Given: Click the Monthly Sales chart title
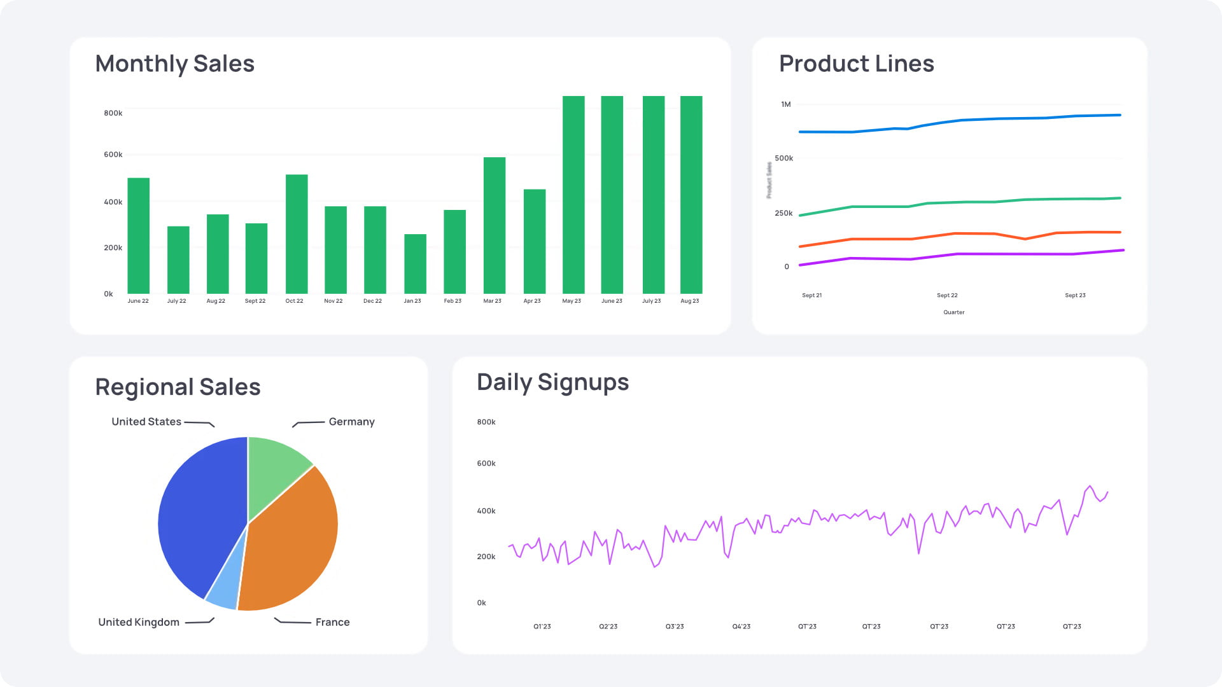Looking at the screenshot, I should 174,64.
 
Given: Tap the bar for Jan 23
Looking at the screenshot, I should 415,264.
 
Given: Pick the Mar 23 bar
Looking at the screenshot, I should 495,226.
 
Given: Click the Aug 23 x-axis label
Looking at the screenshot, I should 689,301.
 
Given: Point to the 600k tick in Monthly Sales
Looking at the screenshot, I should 113,155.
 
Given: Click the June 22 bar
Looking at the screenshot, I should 138,236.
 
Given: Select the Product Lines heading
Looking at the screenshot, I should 856,64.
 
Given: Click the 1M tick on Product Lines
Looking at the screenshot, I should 786,104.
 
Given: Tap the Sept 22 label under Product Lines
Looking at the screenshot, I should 947,295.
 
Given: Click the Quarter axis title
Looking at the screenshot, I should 953,312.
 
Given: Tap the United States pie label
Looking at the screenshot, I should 146,422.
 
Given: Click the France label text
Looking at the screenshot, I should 332,622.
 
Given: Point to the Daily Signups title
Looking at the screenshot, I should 552,382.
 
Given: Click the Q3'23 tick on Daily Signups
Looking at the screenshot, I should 675,627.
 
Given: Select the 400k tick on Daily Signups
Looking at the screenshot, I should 486,511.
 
